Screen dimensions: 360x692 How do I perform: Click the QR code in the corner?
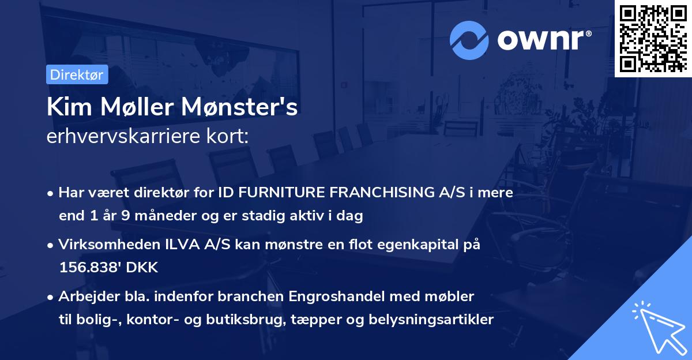(x=653, y=38)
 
